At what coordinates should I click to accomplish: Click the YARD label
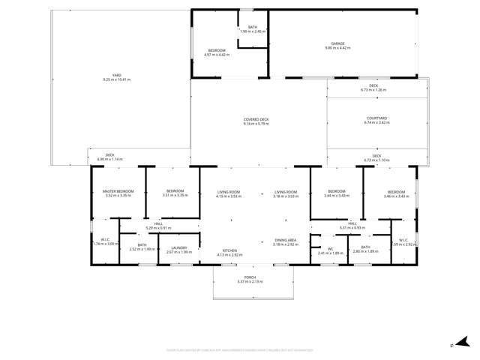click(x=116, y=76)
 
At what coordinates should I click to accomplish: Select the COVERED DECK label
click(x=256, y=119)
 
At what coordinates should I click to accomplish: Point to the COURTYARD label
click(x=376, y=118)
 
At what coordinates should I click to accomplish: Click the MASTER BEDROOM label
click(x=118, y=191)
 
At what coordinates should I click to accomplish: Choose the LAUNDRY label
click(x=178, y=248)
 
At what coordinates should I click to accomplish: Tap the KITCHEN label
click(x=229, y=250)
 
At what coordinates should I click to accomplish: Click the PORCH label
click(x=250, y=277)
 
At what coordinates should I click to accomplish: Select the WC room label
click(x=330, y=249)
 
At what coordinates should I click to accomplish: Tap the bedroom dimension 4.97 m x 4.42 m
click(x=216, y=55)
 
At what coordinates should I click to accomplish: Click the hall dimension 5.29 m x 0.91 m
click(x=158, y=228)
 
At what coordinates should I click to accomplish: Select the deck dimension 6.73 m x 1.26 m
click(x=373, y=90)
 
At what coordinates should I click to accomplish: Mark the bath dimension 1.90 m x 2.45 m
click(x=253, y=31)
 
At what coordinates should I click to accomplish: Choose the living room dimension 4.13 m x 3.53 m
click(x=229, y=196)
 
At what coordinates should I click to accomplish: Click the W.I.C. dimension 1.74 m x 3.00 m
click(x=105, y=244)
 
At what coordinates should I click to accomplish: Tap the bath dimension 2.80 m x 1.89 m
click(x=365, y=251)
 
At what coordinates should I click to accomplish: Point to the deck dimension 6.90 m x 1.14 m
click(x=109, y=160)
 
